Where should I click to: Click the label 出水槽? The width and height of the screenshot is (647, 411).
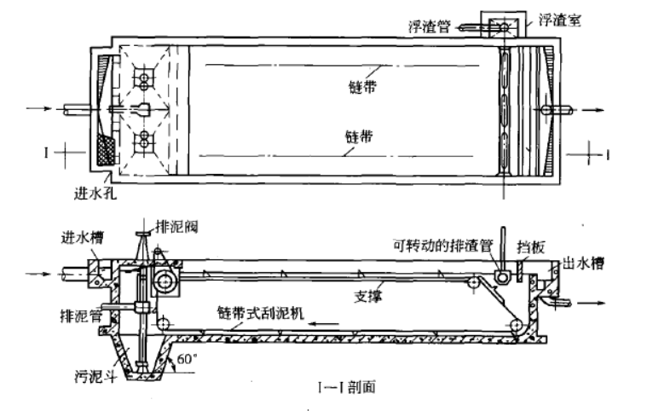585,264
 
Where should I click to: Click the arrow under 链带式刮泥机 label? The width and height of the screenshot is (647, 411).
325,323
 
